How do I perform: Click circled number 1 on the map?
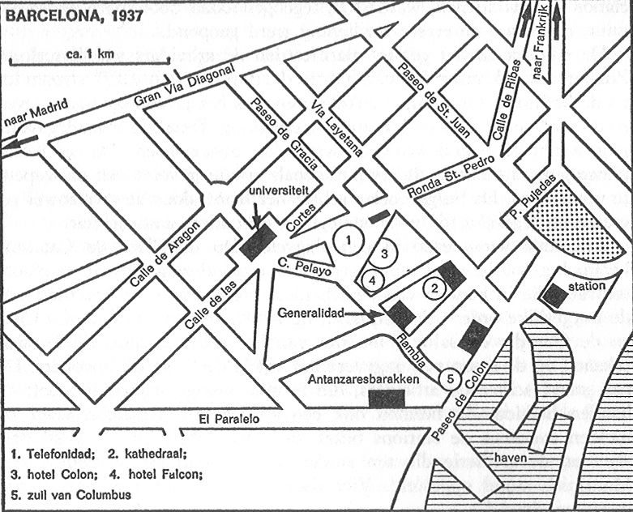tap(347, 239)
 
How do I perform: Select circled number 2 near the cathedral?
tap(435, 286)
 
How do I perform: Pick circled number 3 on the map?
tap(387, 254)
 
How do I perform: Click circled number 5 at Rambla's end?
tap(449, 378)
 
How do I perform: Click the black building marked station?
tap(555, 296)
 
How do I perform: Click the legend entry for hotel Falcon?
tap(158, 475)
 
